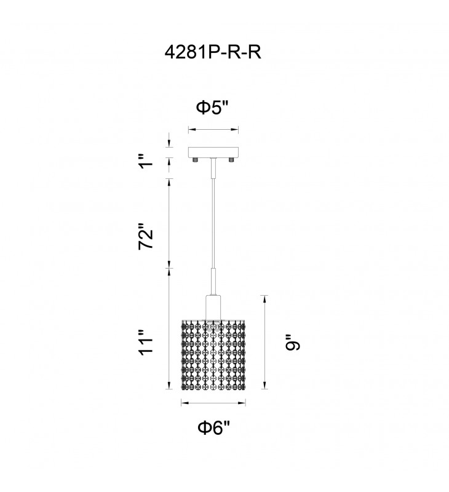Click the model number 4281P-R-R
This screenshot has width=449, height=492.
point(213,52)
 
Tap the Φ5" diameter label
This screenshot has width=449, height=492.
point(213,108)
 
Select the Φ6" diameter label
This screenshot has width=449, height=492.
point(213,427)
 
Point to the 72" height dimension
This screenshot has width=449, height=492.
point(146,236)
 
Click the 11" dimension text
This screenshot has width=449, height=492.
point(146,343)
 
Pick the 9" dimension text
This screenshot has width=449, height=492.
point(293,343)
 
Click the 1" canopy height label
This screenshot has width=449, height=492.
point(146,161)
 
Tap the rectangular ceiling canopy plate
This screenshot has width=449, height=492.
point(213,153)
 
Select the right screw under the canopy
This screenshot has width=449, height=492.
point(231,160)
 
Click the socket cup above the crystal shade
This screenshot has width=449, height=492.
point(213,307)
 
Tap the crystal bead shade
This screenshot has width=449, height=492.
point(213,355)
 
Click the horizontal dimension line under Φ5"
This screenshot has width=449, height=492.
point(213,129)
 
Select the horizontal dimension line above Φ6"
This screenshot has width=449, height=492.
point(213,403)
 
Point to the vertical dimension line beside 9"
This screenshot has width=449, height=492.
point(265,342)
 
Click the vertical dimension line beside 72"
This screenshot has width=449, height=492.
point(169,223)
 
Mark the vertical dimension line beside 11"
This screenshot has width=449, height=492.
point(169,329)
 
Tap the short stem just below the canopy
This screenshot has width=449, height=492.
point(213,168)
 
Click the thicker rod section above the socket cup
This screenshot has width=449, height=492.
point(213,282)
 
